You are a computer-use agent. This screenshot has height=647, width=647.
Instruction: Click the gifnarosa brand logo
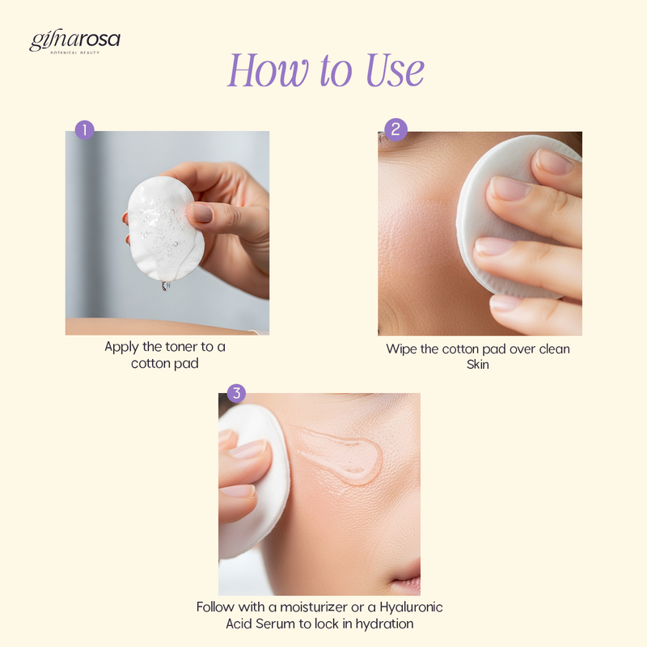tap(74, 41)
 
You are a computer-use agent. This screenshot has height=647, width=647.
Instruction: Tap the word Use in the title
tap(395, 70)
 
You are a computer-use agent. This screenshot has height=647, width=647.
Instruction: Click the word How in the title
tap(268, 70)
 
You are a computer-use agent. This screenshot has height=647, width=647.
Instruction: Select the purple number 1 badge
tap(85, 130)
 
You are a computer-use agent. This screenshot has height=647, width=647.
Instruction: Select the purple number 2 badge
tap(395, 129)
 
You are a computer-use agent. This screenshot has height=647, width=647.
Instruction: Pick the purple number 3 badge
tap(236, 393)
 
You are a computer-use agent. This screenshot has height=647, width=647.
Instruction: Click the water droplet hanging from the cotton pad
tap(166, 286)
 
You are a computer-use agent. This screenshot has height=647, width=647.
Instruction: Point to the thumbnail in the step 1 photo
tap(201, 213)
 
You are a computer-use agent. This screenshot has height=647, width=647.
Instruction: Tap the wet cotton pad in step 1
tap(165, 229)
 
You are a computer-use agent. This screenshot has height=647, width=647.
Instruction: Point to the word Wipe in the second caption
tap(401, 349)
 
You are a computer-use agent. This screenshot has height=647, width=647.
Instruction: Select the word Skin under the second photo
tap(478, 365)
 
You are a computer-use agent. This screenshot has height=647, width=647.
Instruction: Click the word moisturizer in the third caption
tap(314, 607)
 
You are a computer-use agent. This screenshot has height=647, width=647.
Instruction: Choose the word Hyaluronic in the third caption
tap(411, 608)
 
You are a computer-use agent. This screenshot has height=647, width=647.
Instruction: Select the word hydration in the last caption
tap(385, 624)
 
